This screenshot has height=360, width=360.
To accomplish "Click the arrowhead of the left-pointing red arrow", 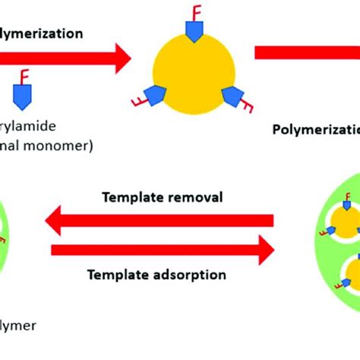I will pyautogui.click(x=58, y=222).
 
